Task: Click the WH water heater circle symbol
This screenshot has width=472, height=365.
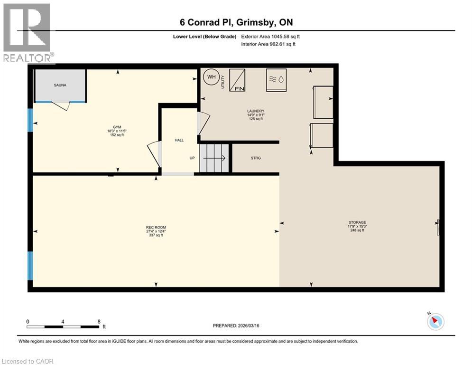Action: pos(210,77)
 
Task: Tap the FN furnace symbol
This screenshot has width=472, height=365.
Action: pos(237,80)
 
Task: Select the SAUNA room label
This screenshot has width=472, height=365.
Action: pos(60,85)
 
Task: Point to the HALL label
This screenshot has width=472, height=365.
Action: pos(179,140)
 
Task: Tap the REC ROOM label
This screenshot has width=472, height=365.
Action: pos(156,227)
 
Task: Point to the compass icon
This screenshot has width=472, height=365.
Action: pos(435,321)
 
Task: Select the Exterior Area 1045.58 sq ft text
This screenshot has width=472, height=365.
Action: pos(270,36)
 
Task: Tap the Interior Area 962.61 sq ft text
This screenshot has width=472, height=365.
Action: pos(268,44)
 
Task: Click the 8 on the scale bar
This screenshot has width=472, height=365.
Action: pos(99,321)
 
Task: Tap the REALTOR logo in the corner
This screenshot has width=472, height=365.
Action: pos(28,33)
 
